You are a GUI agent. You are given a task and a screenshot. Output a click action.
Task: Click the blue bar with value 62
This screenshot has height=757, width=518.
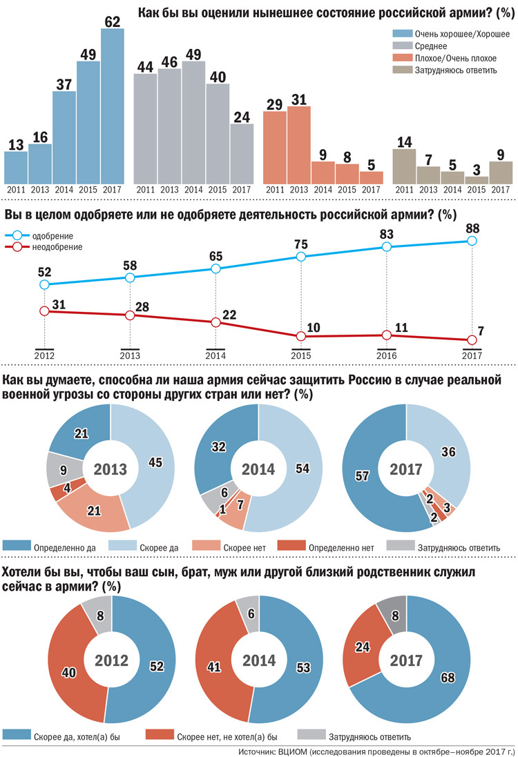(x=113, y=110)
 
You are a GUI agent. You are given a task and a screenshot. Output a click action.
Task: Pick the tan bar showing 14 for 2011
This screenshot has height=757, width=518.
(x=404, y=166)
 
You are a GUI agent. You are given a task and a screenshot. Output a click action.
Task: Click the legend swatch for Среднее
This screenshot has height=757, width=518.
(x=403, y=46)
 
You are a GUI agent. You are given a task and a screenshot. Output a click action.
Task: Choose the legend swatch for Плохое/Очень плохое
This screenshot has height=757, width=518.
(x=403, y=58)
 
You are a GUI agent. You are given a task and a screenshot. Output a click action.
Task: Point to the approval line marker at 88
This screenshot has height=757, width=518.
(x=472, y=241)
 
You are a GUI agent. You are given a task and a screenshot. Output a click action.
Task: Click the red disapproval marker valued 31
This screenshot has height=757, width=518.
(x=45, y=311)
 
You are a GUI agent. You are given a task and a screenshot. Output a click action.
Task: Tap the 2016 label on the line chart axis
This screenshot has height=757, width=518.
(x=386, y=355)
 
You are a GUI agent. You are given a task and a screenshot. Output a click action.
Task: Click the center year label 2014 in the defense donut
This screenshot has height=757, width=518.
(x=258, y=470)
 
